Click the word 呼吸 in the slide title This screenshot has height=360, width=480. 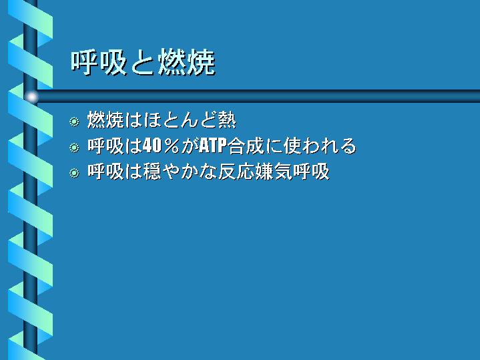pos(99,63)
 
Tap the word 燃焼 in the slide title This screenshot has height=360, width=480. pos(187,63)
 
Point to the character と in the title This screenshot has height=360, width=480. pos(142,63)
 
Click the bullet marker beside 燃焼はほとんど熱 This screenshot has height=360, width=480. pos(74,122)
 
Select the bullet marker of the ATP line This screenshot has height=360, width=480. pos(74,148)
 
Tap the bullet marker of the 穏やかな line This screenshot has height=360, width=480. pos(74,173)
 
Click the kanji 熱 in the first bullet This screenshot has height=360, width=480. pos(227,120)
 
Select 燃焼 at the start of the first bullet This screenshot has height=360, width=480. pos(105,120)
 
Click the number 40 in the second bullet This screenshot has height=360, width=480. pos(152,146)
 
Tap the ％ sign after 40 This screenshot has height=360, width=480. pos(171,146)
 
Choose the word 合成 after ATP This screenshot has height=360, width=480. pos(246,146)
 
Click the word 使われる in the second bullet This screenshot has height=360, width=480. pos(320,146)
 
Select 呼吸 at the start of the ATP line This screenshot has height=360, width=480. pos(105,146)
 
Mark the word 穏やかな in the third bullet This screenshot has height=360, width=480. pos(180,171)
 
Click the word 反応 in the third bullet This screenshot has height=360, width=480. pos(236,171)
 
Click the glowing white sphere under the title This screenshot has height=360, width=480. pos(31,97)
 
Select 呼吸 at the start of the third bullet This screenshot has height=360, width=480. pos(105,171)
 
